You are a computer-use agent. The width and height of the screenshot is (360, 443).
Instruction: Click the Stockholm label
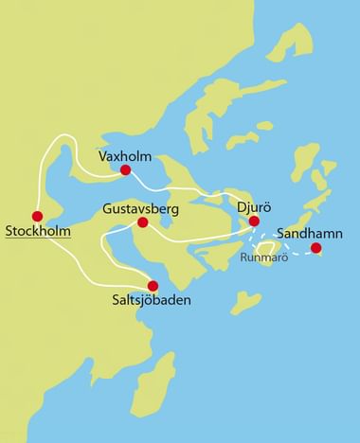tap(38, 231)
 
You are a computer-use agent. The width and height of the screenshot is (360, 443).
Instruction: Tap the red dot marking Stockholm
tap(38, 216)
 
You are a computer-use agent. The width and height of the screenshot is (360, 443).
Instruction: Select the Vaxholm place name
tap(125, 155)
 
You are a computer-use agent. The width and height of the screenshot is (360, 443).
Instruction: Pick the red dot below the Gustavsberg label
tap(143, 222)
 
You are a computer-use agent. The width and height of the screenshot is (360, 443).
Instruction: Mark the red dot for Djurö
tap(254, 221)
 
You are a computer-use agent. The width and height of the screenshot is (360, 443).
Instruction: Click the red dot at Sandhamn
tap(316, 248)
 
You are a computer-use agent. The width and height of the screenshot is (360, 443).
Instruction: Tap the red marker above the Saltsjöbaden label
tap(153, 285)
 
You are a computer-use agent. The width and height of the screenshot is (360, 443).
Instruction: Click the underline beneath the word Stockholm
tap(38, 238)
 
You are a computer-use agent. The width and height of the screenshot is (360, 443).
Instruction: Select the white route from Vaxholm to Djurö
tap(189, 192)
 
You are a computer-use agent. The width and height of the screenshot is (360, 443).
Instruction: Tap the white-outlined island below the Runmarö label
tap(266, 272)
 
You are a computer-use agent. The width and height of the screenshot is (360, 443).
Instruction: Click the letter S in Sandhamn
tap(279, 232)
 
